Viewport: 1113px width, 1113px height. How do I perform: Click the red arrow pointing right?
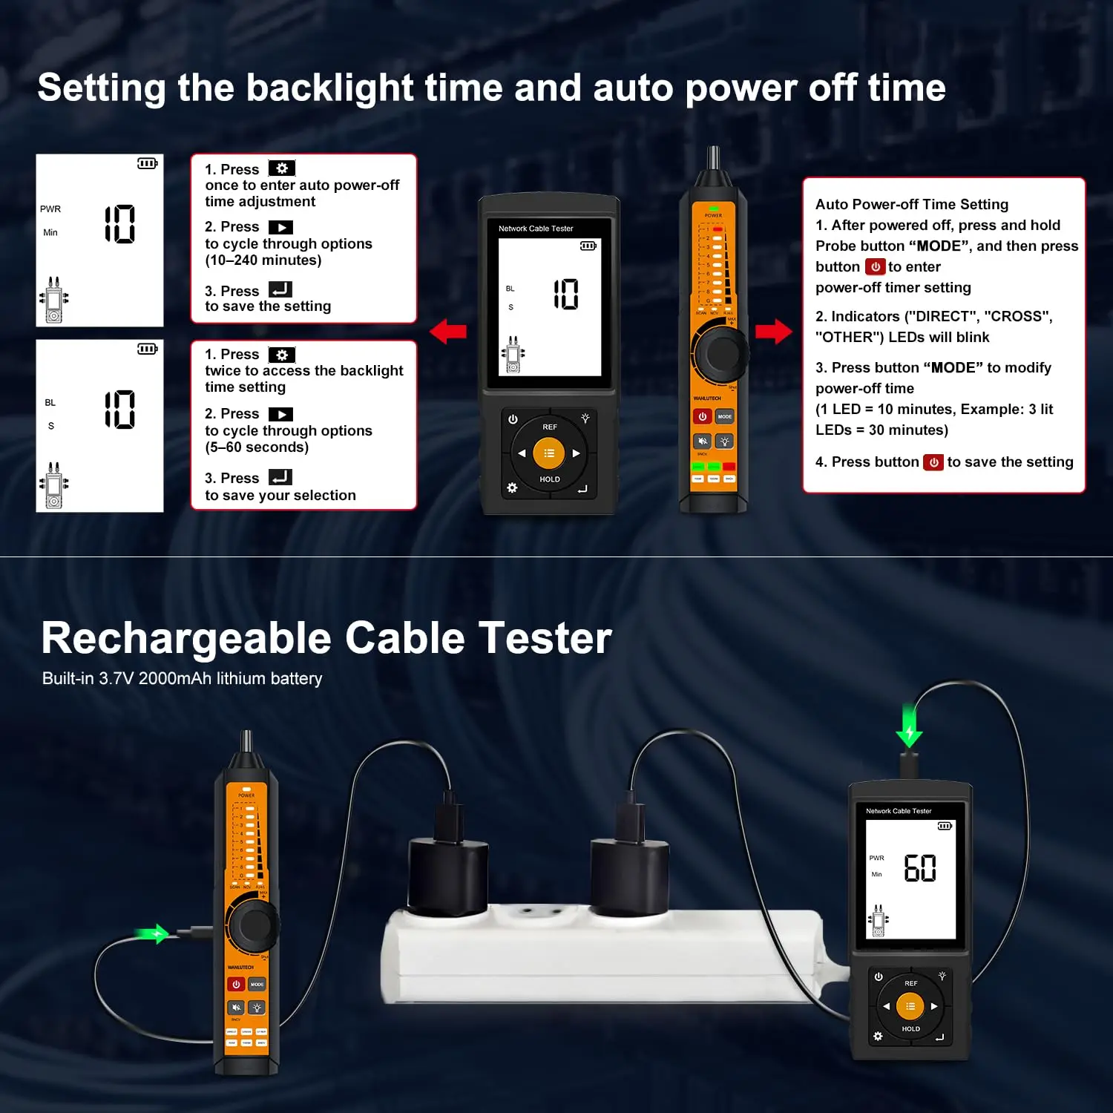point(774,331)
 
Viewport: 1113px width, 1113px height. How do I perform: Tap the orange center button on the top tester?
point(548,453)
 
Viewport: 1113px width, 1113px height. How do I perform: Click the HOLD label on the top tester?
point(549,479)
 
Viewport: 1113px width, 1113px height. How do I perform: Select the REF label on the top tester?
point(549,427)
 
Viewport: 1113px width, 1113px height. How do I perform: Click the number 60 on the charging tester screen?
point(919,867)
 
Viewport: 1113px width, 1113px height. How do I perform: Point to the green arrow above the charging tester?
point(909,725)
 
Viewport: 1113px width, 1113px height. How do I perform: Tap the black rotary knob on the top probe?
point(718,354)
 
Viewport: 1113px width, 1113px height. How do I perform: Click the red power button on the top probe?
point(702,416)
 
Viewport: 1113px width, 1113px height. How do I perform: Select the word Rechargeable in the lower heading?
point(186,638)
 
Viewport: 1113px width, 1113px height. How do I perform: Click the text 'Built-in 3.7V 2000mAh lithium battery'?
point(182,678)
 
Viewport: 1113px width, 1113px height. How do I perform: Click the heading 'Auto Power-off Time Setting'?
point(911,204)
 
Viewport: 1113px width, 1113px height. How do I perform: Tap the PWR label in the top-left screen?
point(50,209)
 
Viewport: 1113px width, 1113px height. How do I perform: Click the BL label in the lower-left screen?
point(50,403)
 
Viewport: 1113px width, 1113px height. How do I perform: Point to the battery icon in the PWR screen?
point(147,163)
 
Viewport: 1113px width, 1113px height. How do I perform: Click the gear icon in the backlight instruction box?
point(281,355)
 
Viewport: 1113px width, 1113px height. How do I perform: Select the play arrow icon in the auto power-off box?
point(280,227)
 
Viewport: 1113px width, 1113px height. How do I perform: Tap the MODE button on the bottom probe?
point(257,984)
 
